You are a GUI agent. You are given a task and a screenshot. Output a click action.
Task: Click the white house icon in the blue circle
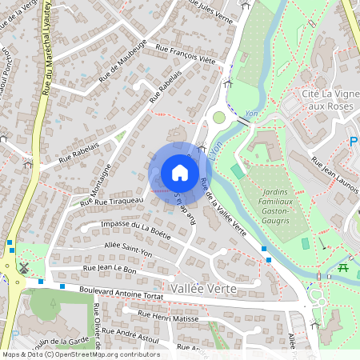point(180,172)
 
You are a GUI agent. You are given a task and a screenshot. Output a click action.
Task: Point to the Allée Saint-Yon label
point(127,248)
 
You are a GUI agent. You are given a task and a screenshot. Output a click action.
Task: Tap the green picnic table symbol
point(343,267)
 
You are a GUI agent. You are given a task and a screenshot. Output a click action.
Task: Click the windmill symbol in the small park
point(23,268)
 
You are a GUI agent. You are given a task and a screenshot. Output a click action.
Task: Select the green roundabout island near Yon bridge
point(218,118)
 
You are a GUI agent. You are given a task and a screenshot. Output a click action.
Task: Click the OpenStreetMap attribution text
point(80,354)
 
